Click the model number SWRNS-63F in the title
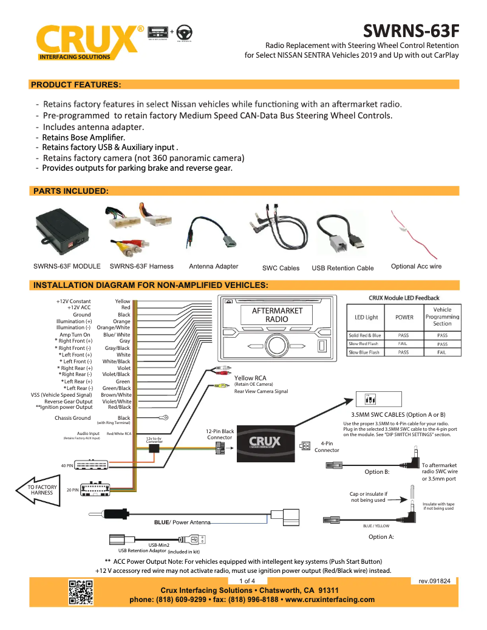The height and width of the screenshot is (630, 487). [x=410, y=30]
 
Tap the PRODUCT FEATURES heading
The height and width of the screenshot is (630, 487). [x=76, y=84]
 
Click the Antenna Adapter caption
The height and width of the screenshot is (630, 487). [x=214, y=266]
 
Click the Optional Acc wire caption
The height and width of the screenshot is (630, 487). [x=416, y=266]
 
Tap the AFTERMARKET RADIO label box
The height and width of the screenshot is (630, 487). [x=277, y=315]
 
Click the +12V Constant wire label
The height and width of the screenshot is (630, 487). [x=73, y=301]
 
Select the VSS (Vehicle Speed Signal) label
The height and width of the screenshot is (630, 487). [x=62, y=395]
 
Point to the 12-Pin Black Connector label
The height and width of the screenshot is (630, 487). [x=220, y=434]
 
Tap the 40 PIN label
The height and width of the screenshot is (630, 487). [x=67, y=466]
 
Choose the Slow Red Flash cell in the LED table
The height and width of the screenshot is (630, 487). [x=364, y=344]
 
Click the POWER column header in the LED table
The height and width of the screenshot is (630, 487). [x=404, y=317]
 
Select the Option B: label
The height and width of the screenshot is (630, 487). [x=376, y=471]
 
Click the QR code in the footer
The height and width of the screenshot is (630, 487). [x=80, y=592]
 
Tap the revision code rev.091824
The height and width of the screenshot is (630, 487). [x=434, y=581]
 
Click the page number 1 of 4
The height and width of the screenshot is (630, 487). [x=247, y=581]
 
